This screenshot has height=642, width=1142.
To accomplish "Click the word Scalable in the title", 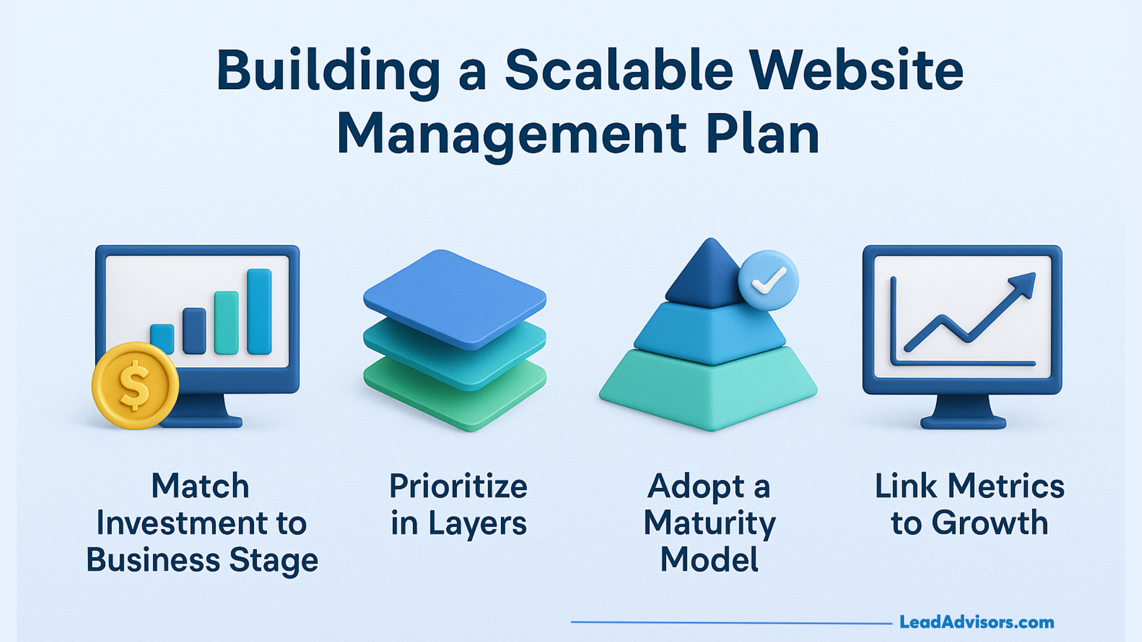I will click(619, 71).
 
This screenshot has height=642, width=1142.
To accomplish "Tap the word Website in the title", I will click(856, 71).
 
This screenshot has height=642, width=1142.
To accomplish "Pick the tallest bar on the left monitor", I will click(259, 311).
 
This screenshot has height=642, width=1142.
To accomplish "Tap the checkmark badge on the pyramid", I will click(768, 280).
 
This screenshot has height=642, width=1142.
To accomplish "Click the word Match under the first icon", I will click(200, 486).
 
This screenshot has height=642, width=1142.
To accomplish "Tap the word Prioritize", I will click(458, 486).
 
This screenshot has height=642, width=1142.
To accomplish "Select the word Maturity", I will click(710, 523).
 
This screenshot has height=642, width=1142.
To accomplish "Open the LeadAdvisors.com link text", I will click(977, 622).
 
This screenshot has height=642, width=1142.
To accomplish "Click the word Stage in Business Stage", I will click(274, 560).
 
